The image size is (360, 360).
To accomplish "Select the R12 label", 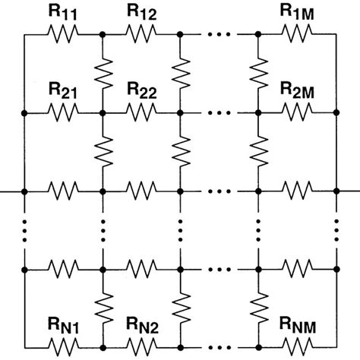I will point(142,13).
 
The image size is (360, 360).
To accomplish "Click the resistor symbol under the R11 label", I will point(65,34).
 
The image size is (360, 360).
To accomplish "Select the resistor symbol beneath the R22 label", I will point(142,112).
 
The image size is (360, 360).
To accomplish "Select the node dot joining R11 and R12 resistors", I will point(103,34).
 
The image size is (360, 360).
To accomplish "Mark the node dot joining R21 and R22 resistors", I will point(103,112).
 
